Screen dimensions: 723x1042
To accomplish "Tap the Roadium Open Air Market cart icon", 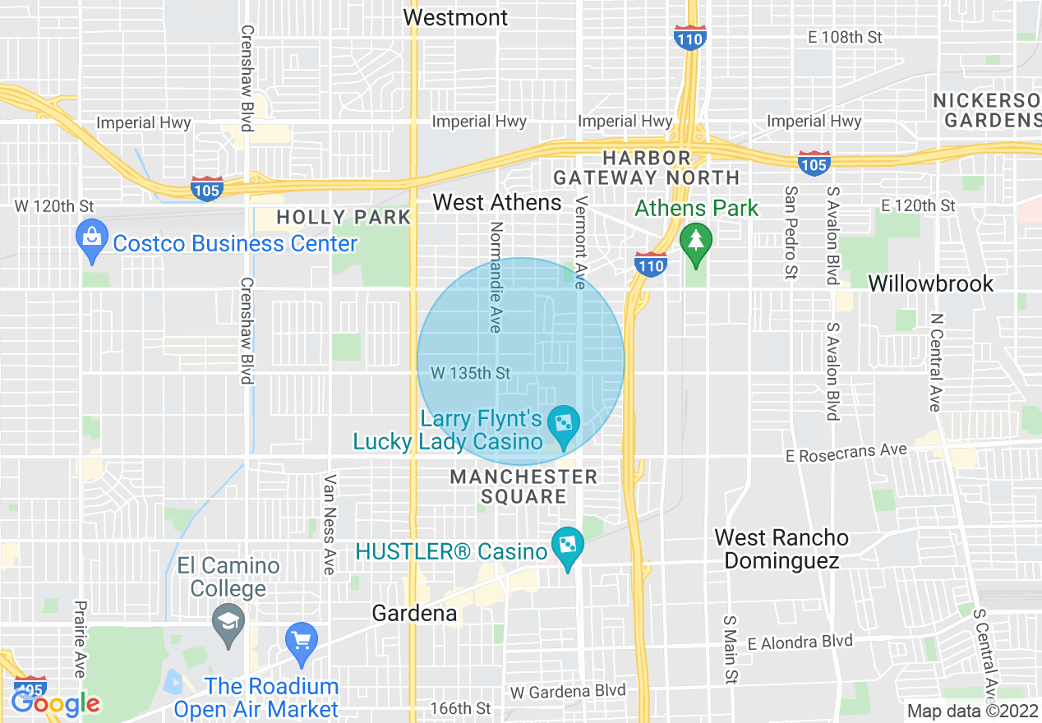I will pyautogui.click(x=301, y=641).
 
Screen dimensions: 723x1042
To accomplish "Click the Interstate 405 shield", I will pyautogui.click(x=30, y=690).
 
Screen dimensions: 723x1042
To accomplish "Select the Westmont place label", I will pyautogui.click(x=456, y=16).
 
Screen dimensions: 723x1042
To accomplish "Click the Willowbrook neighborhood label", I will pyautogui.click(x=931, y=283).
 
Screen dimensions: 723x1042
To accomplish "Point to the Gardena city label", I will pyautogui.click(x=414, y=613).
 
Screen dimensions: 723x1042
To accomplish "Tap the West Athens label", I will pyautogui.click(x=497, y=202).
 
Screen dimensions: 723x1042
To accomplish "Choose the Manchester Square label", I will pyautogui.click(x=523, y=486).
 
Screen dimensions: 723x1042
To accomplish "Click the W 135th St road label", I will pyautogui.click(x=470, y=374).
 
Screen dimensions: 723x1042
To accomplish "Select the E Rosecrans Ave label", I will pyautogui.click(x=846, y=452).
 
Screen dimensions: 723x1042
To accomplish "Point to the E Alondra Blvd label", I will pyautogui.click(x=800, y=641).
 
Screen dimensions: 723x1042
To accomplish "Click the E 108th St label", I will pyautogui.click(x=844, y=37).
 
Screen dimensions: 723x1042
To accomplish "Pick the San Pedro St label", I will pyautogui.click(x=791, y=232).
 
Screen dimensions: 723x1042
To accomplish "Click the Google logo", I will pyautogui.click(x=56, y=703).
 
